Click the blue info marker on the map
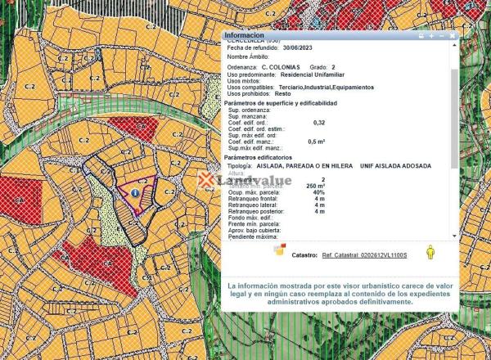[x=134, y=192]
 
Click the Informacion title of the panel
[x=244, y=36]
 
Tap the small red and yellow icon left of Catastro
[x=279, y=250]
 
